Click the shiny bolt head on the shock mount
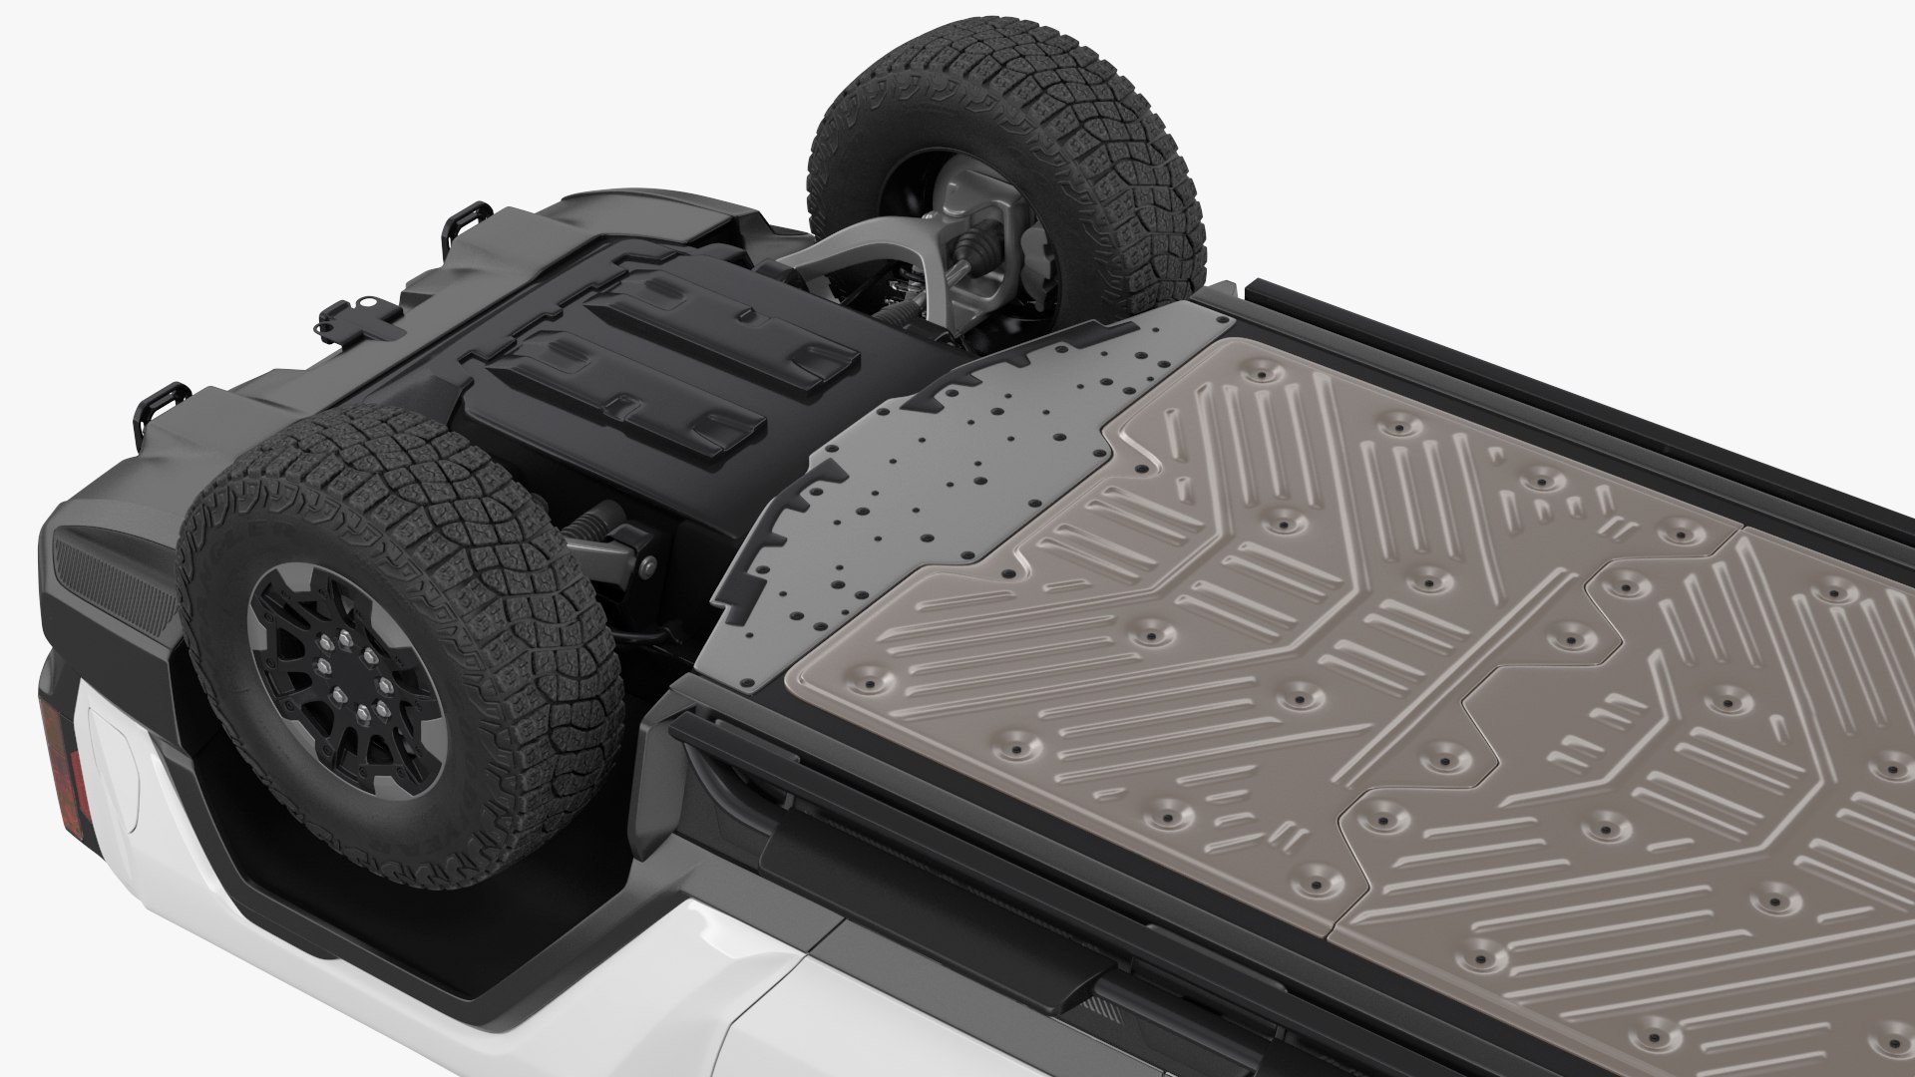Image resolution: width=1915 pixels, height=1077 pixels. pos(649,569)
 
